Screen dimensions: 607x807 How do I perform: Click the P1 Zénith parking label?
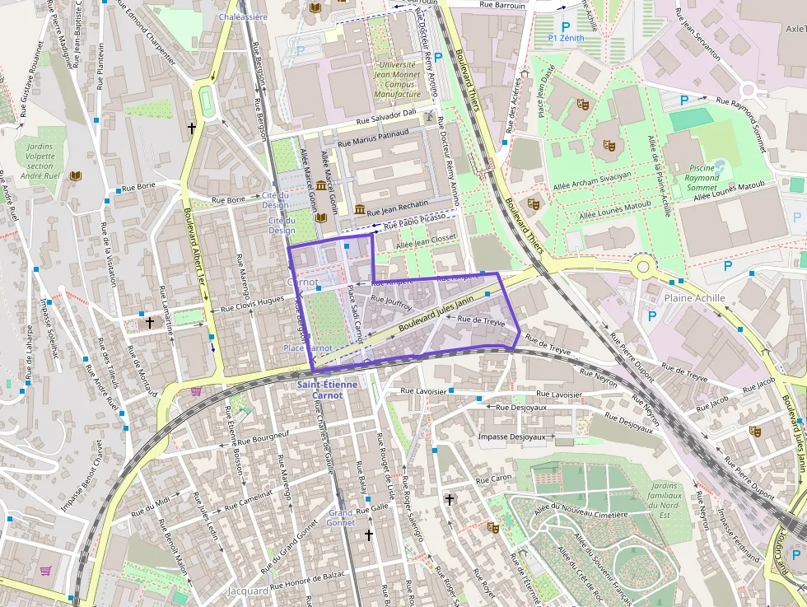point(566,38)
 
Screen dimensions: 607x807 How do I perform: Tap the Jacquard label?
point(248,591)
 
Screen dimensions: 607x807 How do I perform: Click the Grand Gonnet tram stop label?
point(341,517)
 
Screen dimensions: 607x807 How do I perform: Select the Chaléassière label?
point(244,16)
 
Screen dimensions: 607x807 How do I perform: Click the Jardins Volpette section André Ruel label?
point(34,161)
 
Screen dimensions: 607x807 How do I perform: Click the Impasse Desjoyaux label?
point(511,437)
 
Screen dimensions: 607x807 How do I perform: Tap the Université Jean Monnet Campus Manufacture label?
point(397,79)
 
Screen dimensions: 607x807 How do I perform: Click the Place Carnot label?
point(308,348)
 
